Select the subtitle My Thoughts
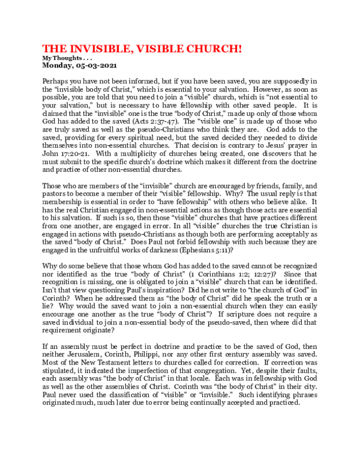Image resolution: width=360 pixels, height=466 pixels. (59, 58)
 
